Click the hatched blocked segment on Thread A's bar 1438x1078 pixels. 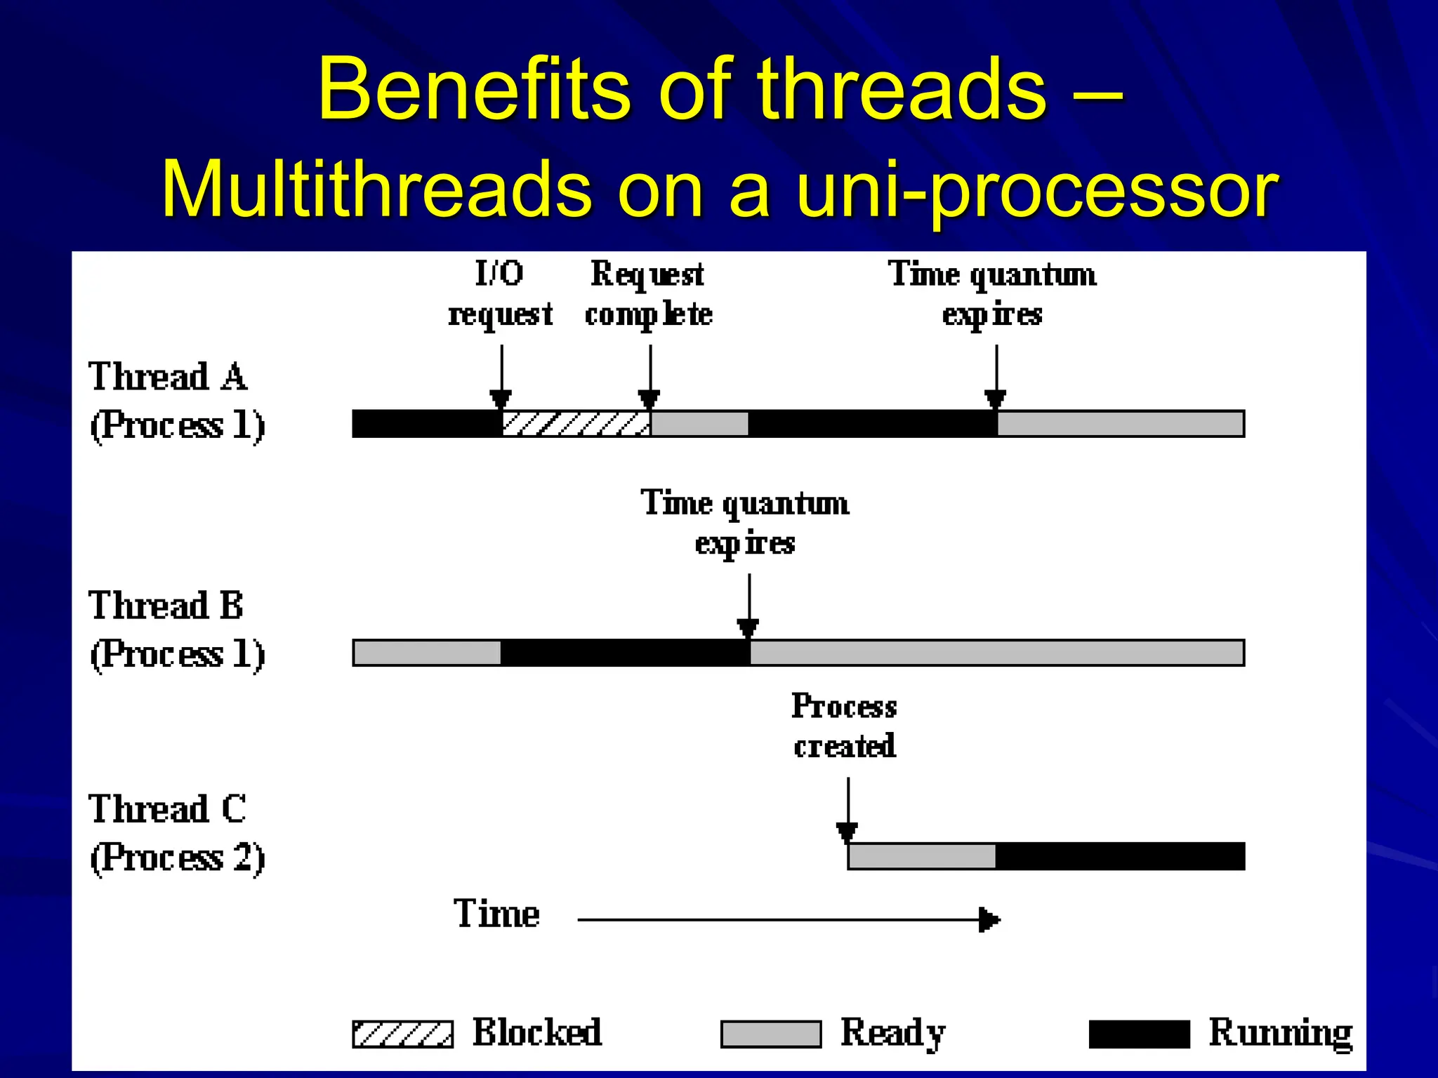[x=576, y=424]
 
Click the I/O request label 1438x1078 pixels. [x=500, y=293]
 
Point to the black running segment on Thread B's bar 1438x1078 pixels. [x=625, y=653]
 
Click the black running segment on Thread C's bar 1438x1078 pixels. [x=1119, y=856]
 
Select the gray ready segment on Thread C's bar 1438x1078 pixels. [x=921, y=856]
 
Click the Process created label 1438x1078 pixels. [x=845, y=726]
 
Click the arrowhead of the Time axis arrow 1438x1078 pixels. [x=989, y=919]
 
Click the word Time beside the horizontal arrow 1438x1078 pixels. [x=496, y=914]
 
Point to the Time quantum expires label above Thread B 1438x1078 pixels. [x=745, y=523]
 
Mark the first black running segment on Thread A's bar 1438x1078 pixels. [x=426, y=424]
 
